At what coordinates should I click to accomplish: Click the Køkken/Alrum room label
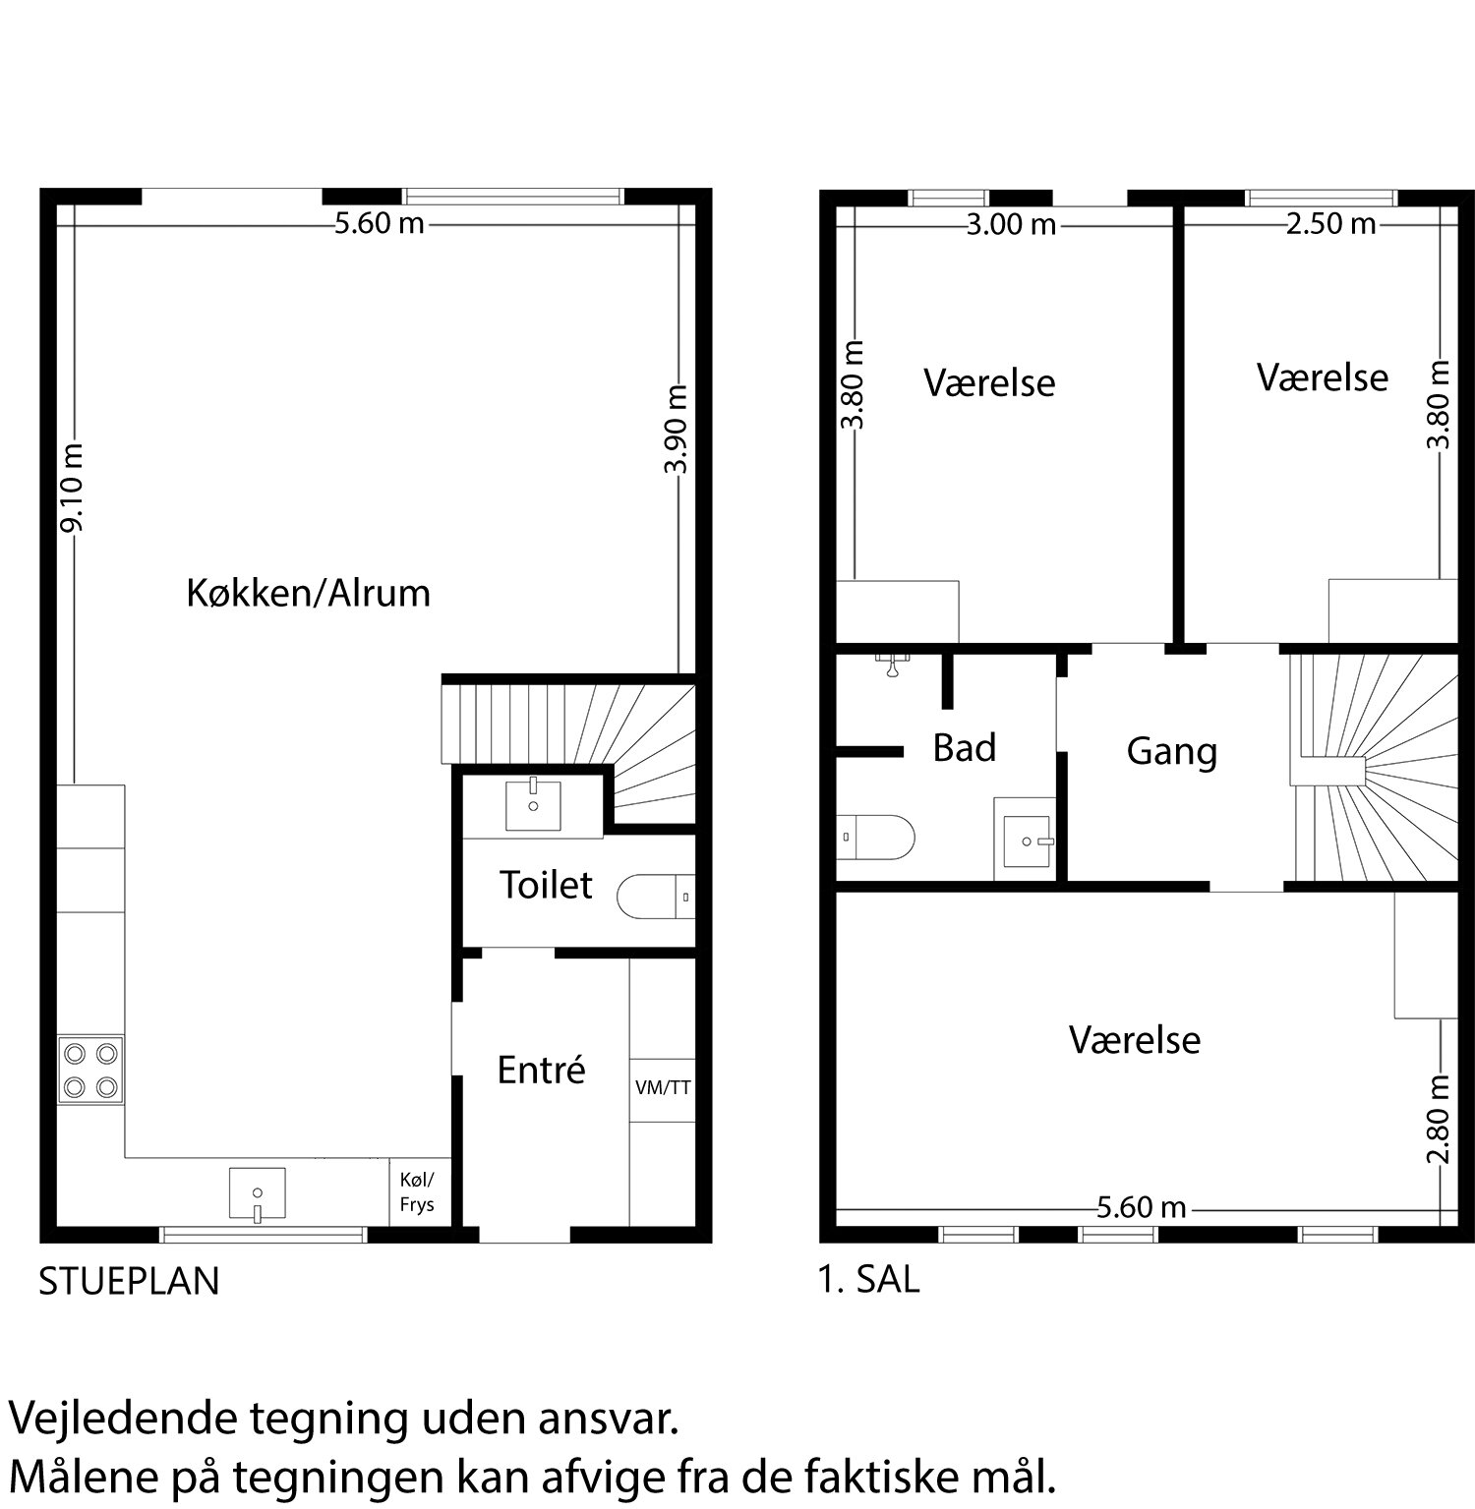pyautogui.click(x=308, y=594)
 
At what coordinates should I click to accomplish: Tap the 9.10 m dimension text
pyautogui.click(x=72, y=488)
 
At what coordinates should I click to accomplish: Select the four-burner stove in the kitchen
pyautogui.click(x=90, y=1070)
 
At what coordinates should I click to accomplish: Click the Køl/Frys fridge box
pyautogui.click(x=417, y=1191)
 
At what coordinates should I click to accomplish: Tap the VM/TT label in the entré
pyautogui.click(x=663, y=1088)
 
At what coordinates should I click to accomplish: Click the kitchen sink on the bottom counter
pyautogui.click(x=257, y=1193)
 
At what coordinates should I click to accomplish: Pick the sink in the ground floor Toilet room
pyautogui.click(x=533, y=805)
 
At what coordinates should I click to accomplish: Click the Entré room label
pyautogui.click(x=541, y=1070)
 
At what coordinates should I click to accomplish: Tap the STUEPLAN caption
pyautogui.click(x=129, y=1282)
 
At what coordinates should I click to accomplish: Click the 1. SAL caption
pyautogui.click(x=869, y=1280)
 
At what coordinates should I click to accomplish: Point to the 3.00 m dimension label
pyautogui.click(x=1010, y=225)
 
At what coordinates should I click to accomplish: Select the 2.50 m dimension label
pyautogui.click(x=1330, y=224)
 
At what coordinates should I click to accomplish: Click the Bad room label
pyautogui.click(x=964, y=748)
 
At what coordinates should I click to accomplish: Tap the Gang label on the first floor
pyautogui.click(x=1171, y=752)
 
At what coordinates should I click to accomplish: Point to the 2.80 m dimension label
pyautogui.click(x=1439, y=1118)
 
